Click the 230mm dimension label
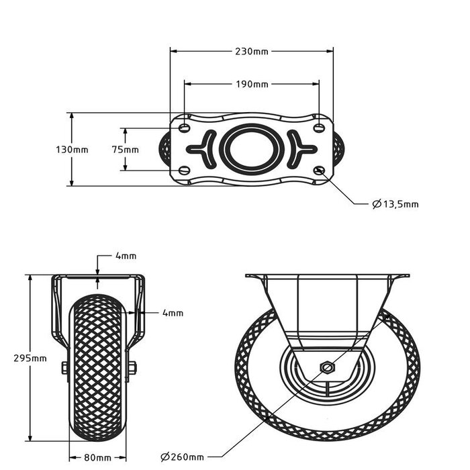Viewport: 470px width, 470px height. coord(252,51)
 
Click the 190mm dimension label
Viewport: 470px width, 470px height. coord(252,85)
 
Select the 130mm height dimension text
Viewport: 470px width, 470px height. coord(71,150)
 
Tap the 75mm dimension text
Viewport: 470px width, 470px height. coord(126,150)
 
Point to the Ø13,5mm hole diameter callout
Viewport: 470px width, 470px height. coord(395,204)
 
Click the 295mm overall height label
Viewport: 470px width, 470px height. coord(30,359)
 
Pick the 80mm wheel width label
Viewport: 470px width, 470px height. coord(98,458)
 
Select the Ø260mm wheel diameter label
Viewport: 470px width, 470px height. coord(183,458)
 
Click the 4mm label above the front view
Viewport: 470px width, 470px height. coord(126,256)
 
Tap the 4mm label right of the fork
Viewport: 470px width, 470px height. coord(173,313)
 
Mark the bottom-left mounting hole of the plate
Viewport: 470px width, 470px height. coord(185,170)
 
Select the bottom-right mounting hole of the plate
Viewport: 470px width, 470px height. coord(319,170)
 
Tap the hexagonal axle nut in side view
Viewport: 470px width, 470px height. coord(326,367)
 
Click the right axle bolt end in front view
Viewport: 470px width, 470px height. coord(132,367)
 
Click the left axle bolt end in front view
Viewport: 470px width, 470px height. coord(64,367)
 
